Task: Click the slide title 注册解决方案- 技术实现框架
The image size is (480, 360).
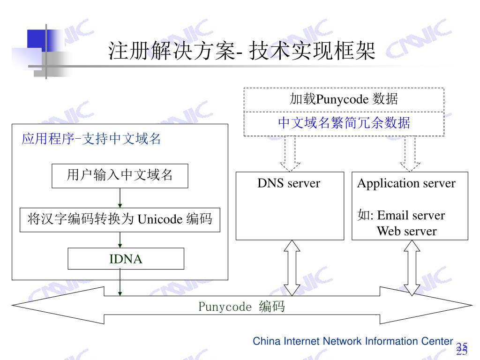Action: click(242, 51)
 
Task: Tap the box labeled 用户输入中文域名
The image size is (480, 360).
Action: click(120, 176)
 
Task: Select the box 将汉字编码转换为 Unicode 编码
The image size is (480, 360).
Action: click(120, 220)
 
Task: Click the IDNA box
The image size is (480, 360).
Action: click(126, 259)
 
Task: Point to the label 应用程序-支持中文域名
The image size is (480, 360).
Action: click(91, 139)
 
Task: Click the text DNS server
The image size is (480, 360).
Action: click(289, 183)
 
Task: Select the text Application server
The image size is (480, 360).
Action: click(406, 183)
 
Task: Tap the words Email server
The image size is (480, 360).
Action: click(411, 215)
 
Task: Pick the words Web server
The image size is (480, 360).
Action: click(406, 231)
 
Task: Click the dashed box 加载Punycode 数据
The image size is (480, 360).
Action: click(344, 100)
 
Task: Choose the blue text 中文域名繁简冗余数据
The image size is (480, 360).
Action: click(344, 123)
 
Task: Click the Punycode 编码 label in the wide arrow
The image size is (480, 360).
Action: click(241, 307)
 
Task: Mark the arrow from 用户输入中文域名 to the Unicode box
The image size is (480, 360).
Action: click(120, 198)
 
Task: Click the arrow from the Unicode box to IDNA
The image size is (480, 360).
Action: click(120, 240)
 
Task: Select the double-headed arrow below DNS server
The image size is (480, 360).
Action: click(292, 268)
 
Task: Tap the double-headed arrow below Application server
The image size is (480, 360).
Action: click(412, 268)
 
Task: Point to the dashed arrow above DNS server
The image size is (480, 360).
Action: click(290, 154)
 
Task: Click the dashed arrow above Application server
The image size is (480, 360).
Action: click(410, 154)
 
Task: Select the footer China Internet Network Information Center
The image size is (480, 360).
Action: click(352, 341)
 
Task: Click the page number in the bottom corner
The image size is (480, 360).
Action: click(462, 349)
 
